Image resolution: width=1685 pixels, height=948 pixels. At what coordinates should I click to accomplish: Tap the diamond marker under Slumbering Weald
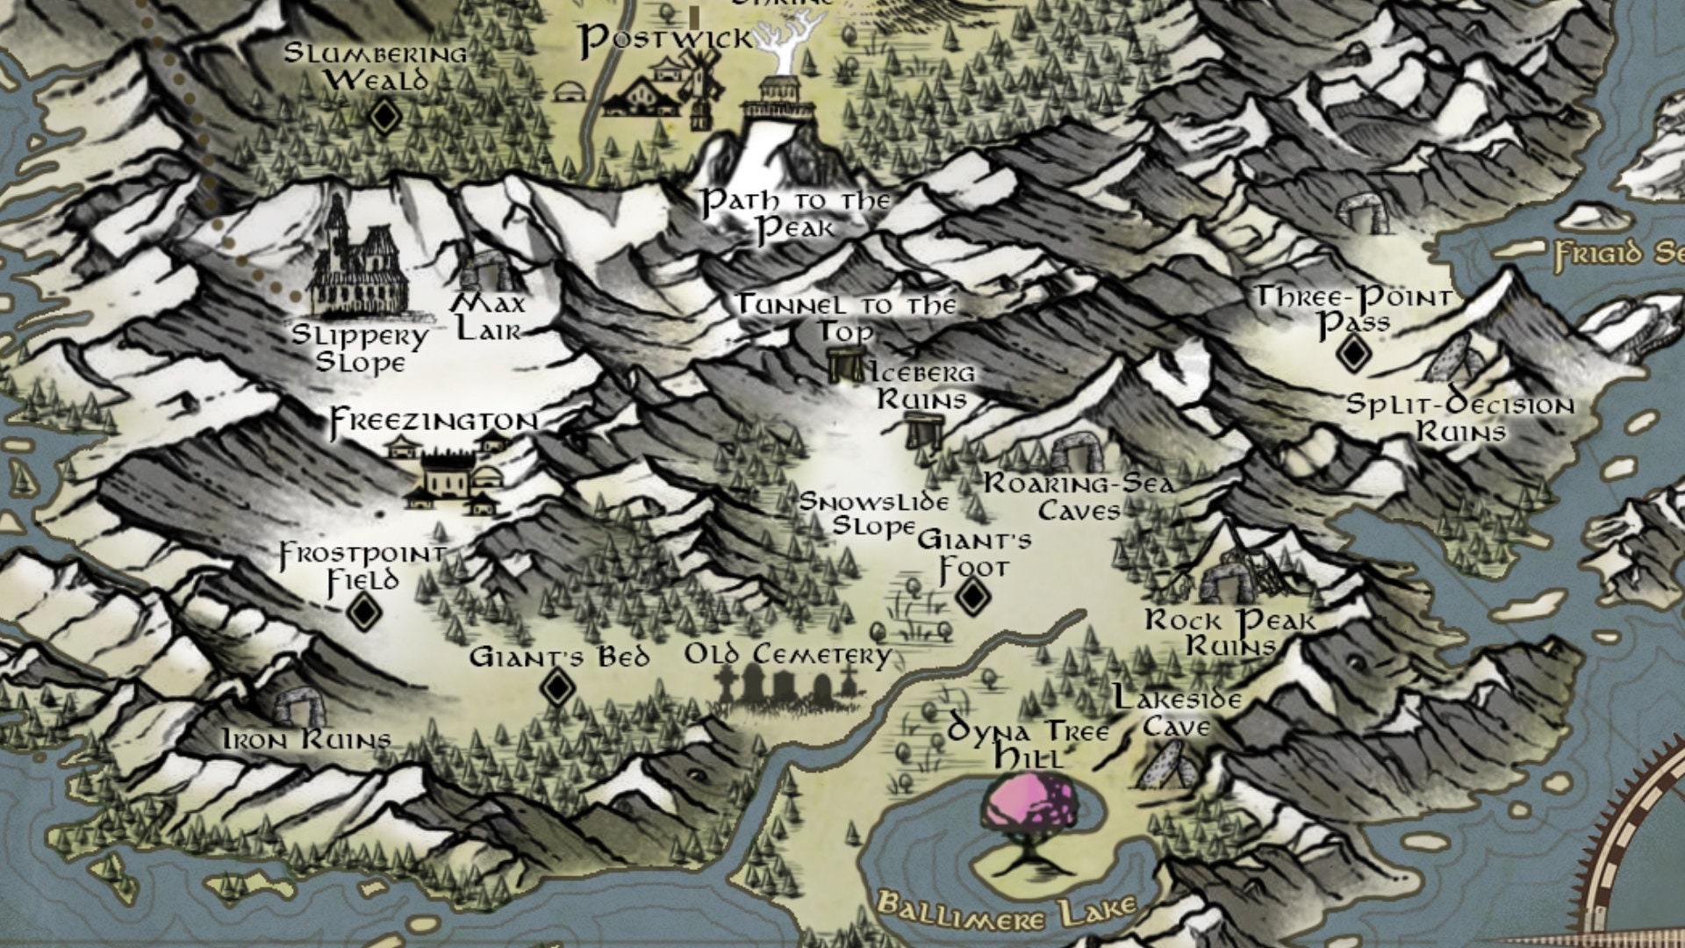click(x=384, y=116)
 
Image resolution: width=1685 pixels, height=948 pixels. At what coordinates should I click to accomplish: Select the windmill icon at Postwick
click(x=702, y=83)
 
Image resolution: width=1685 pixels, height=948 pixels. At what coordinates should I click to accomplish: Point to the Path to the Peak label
click(x=795, y=214)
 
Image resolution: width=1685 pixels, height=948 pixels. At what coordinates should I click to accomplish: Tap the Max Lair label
click(x=490, y=317)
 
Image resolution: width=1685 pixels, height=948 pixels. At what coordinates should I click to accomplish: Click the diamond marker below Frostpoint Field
click(x=363, y=611)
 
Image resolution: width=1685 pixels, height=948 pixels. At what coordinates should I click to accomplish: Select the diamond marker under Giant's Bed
click(x=556, y=687)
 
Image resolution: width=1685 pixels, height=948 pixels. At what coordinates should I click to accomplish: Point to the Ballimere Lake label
click(x=1007, y=910)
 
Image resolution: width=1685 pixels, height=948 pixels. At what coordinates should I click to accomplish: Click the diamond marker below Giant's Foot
click(x=972, y=597)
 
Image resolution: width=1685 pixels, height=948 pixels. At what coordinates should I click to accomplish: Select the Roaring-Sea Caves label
click(x=1079, y=496)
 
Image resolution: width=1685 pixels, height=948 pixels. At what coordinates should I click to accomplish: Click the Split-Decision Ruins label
click(x=1460, y=418)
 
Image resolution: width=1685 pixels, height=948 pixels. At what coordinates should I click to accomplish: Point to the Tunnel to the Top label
click(x=846, y=317)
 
